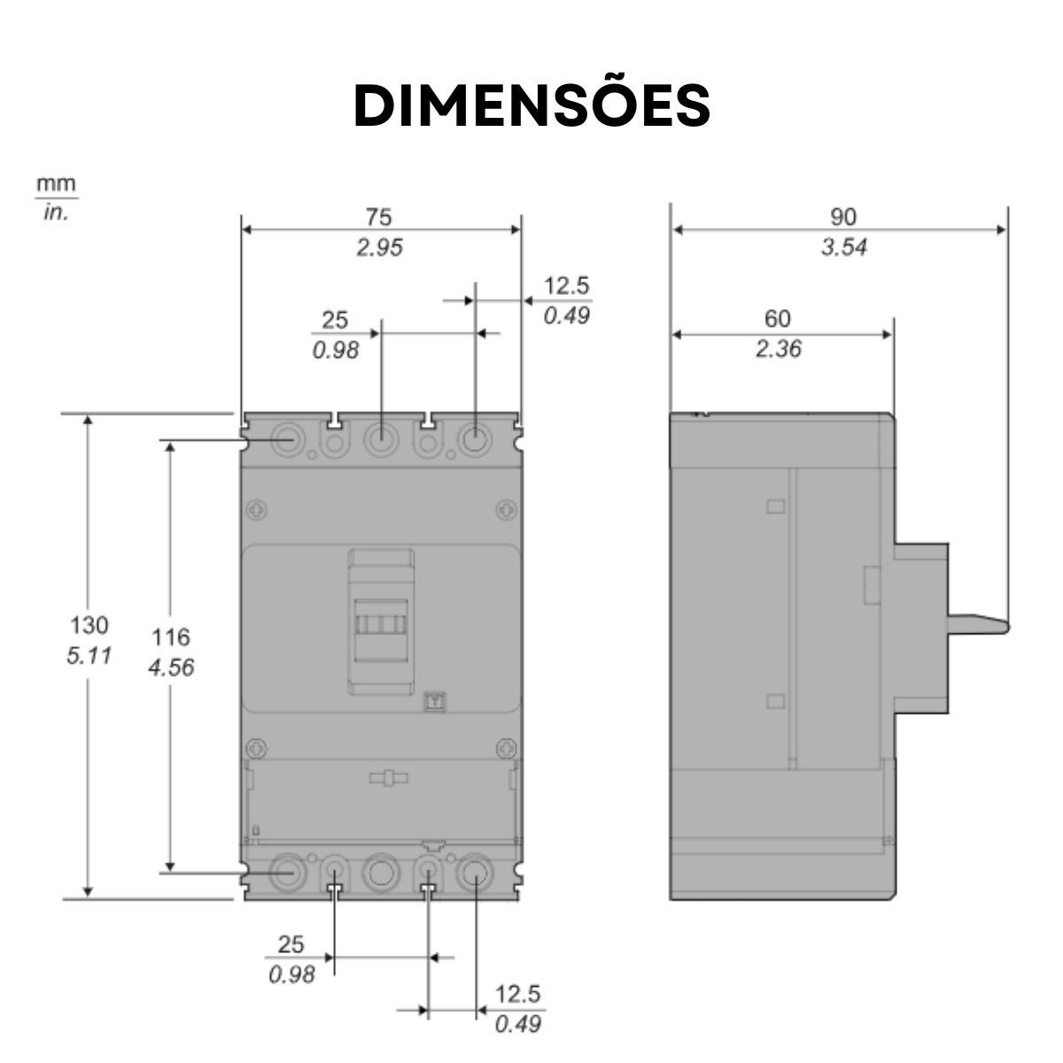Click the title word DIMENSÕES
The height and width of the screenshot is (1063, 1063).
[531, 106]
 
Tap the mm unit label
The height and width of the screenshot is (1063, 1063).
[56, 185]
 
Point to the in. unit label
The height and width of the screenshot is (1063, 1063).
[56, 213]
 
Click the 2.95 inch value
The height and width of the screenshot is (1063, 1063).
[379, 247]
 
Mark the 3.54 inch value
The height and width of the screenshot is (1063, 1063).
[842, 247]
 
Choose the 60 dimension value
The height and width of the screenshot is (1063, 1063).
[777, 318]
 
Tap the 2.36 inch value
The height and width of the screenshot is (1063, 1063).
[778, 349]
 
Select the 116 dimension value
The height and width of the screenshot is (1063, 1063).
[170, 636]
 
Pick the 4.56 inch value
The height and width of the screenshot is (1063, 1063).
[170, 667]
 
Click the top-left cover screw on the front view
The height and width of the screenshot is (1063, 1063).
[255, 510]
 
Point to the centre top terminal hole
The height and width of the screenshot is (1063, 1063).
[380, 438]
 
